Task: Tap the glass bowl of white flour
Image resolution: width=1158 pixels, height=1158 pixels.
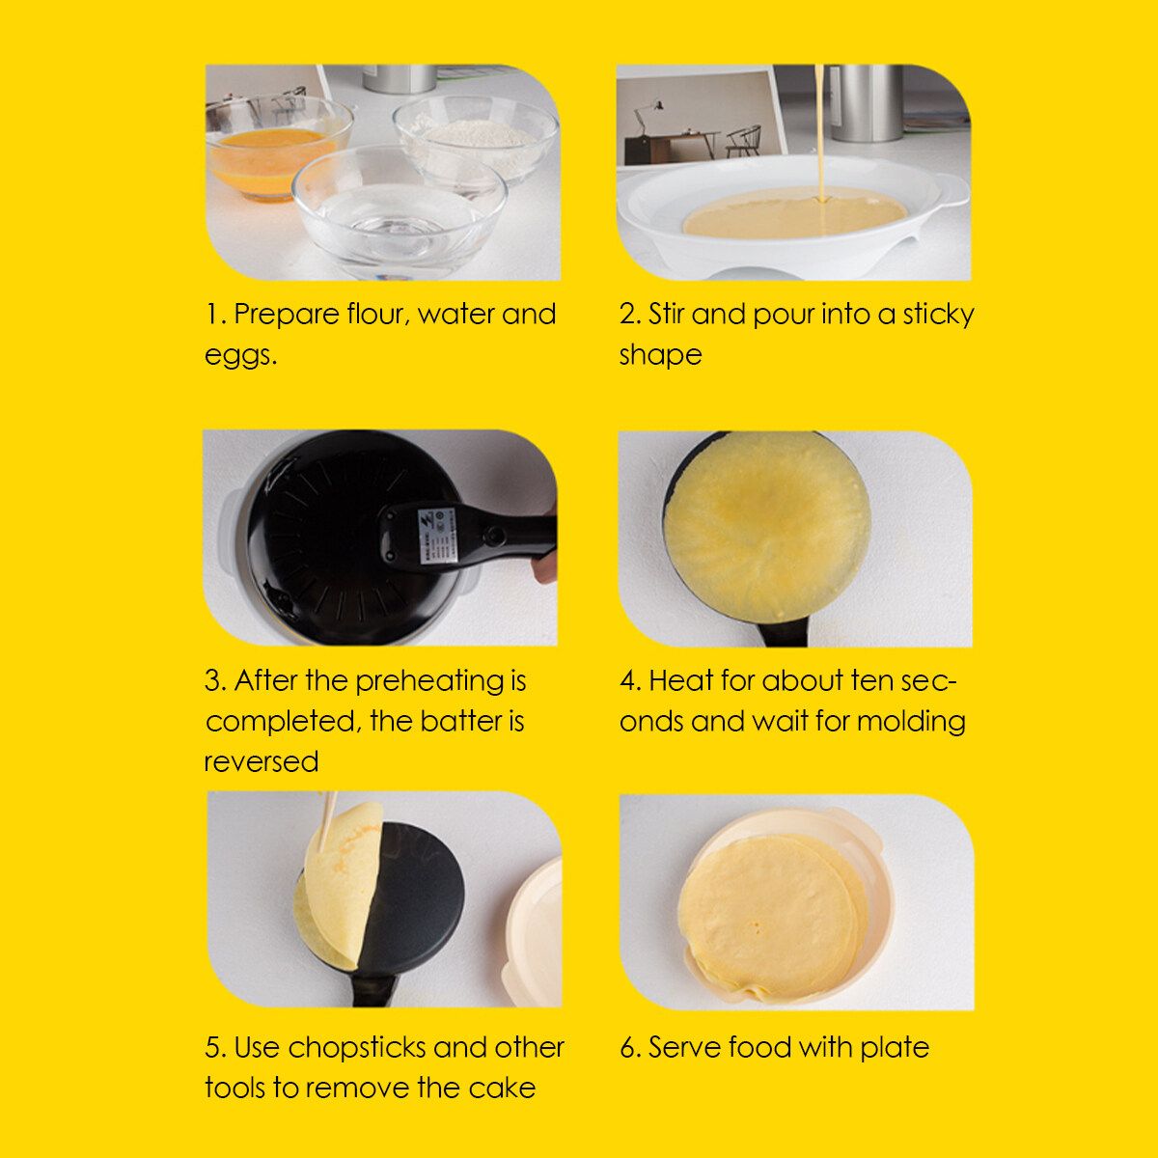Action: (x=476, y=137)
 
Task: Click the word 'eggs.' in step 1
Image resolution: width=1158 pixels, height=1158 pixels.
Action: (x=240, y=357)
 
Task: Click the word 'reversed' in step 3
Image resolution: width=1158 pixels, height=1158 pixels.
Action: (x=262, y=762)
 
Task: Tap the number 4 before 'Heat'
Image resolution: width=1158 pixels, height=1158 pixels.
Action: (x=628, y=682)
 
